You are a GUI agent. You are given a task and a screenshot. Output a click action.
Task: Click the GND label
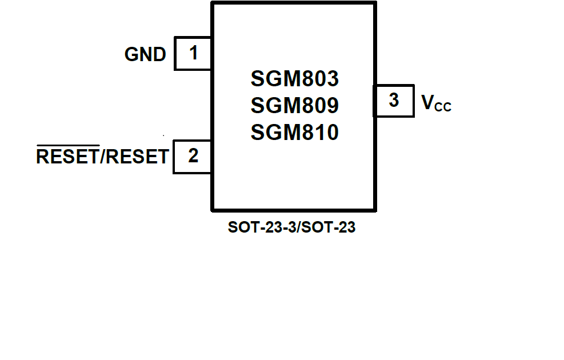tap(145, 54)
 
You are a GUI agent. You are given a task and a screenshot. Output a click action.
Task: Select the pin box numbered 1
tap(193, 54)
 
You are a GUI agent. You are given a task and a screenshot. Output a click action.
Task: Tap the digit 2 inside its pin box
tap(193, 155)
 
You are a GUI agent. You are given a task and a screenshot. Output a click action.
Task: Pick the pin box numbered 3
tap(394, 101)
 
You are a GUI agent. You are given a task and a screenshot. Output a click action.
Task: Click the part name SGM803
tap(294, 78)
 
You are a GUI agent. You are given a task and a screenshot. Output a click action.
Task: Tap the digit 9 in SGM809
tap(331, 105)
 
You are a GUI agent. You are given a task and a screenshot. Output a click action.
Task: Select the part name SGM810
tap(294, 133)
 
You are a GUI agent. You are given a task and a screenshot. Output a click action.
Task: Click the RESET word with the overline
tap(67, 156)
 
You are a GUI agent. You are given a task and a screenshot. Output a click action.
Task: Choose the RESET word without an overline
tap(137, 156)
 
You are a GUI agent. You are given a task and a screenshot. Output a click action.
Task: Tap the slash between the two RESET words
tap(103, 156)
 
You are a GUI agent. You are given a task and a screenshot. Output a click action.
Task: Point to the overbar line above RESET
tap(67, 146)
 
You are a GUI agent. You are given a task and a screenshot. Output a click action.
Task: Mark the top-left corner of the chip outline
tap(213, 3)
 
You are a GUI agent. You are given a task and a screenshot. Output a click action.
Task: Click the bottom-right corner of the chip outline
tap(374, 209)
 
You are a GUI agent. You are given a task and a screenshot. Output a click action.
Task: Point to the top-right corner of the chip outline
tap(374, 3)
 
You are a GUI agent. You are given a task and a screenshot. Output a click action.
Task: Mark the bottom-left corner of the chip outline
tap(213, 209)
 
